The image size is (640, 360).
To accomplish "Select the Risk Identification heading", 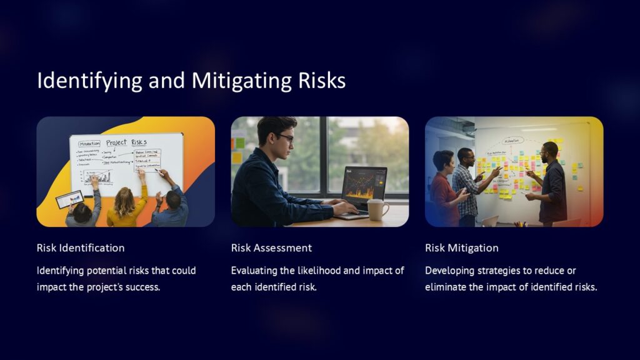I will (x=81, y=247).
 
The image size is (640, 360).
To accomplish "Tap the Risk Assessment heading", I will (x=271, y=247).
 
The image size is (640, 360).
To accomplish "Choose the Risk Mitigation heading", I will (x=462, y=247).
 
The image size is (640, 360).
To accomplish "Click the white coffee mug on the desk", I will (x=377, y=210).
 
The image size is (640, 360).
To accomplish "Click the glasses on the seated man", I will (x=284, y=137).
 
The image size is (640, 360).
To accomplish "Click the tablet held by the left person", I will (x=70, y=199).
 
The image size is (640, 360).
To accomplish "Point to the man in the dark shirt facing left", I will (x=551, y=184).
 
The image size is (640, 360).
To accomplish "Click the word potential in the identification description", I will (x=109, y=271).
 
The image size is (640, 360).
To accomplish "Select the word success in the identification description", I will (x=143, y=287).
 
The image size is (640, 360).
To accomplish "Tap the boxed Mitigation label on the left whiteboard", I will (x=90, y=143).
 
